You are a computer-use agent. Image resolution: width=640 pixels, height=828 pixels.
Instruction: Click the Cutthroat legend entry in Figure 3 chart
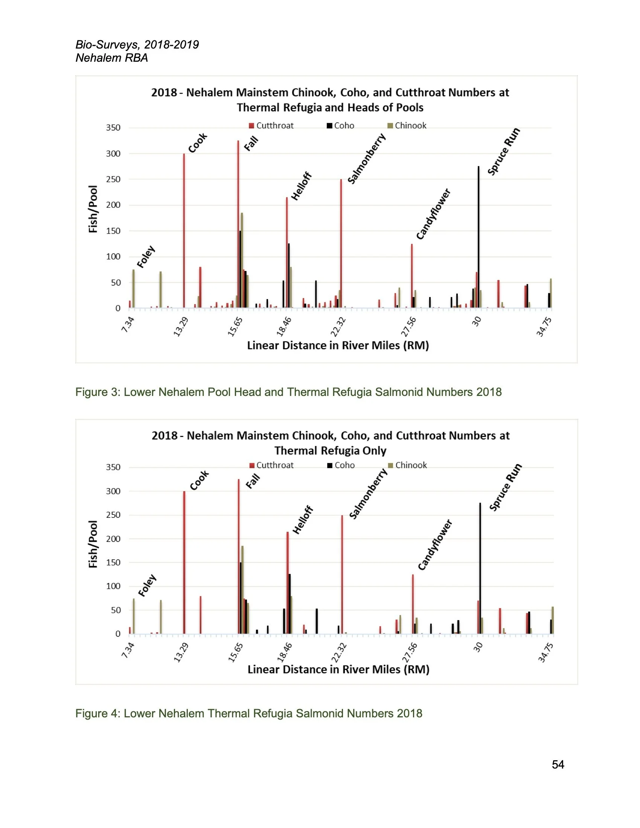271,125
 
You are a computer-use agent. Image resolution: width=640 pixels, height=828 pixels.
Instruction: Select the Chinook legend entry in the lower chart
408,465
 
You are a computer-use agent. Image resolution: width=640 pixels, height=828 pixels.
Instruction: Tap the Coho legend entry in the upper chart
340,125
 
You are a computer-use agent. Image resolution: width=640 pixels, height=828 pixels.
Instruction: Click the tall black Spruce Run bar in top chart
478,237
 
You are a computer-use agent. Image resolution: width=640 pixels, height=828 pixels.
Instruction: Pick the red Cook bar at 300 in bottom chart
184,563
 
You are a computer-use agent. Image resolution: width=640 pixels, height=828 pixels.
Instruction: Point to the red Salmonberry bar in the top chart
341,244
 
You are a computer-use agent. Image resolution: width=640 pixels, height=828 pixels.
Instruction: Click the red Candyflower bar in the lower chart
413,604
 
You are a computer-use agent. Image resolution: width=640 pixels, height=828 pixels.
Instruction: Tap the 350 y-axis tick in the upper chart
113,128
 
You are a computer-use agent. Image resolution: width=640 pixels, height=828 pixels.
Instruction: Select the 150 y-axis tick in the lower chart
113,563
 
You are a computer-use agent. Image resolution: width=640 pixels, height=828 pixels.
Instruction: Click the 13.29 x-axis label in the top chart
181,327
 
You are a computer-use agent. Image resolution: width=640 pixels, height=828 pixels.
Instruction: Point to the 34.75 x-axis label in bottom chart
546,652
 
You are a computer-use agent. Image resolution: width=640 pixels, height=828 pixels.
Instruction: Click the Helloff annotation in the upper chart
301,186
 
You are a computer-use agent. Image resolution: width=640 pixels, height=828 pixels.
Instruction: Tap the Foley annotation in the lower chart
147,585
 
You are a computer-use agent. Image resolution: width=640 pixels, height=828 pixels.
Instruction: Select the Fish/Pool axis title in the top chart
93,209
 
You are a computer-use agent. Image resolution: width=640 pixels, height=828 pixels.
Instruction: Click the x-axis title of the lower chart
338,670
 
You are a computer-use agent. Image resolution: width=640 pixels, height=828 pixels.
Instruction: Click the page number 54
558,764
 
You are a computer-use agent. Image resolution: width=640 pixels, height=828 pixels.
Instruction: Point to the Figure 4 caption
249,714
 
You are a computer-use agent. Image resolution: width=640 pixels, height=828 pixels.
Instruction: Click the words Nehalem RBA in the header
112,58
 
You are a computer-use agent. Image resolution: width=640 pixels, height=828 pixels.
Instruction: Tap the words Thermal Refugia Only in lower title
330,451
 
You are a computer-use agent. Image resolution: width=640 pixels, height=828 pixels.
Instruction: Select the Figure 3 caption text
288,392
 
